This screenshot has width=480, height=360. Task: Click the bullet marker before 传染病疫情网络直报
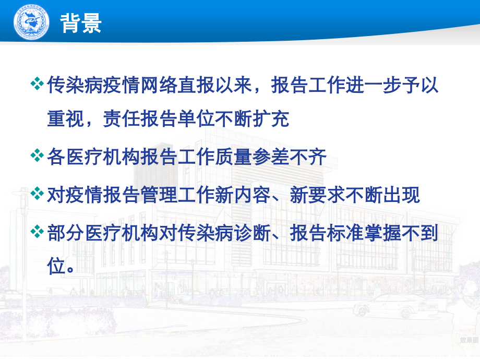tap(38, 84)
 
